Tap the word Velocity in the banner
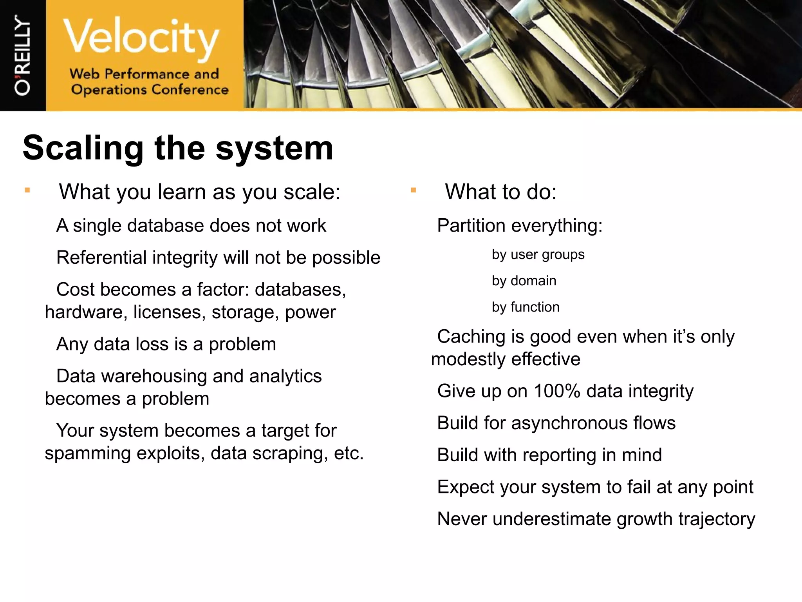coord(141,37)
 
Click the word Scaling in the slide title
coord(83,148)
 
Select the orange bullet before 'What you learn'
coord(27,190)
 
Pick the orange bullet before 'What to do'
coord(413,190)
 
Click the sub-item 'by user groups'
coord(538,255)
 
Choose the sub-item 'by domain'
coord(524,281)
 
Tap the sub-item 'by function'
coord(526,307)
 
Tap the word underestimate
coord(551,519)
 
